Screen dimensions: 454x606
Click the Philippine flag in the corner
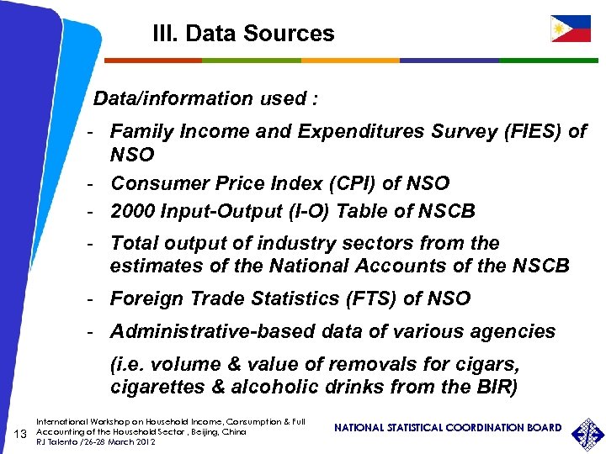tap(571, 28)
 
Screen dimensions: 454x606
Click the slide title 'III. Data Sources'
tap(243, 34)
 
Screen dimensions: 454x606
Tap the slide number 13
tap(23, 433)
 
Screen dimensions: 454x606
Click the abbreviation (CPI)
tap(342, 183)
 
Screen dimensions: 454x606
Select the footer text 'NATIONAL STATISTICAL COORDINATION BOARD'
tap(447, 428)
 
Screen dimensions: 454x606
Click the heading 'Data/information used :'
tap(205, 98)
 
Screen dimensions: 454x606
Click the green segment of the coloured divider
tap(252, 61)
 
